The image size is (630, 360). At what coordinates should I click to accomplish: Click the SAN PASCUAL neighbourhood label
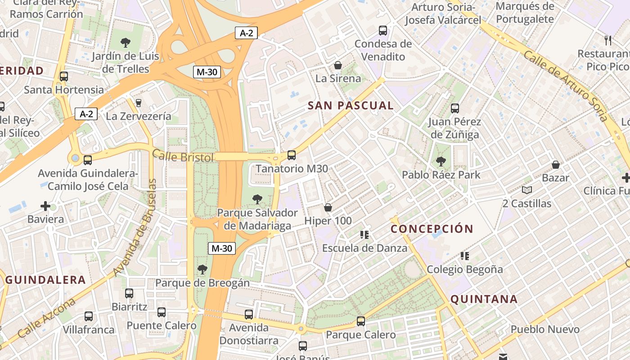(x=351, y=106)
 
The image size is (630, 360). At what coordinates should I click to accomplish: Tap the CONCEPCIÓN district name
(x=432, y=229)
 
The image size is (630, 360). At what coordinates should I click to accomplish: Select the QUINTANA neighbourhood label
(x=484, y=299)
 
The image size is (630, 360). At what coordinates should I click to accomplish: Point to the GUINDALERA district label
(x=45, y=280)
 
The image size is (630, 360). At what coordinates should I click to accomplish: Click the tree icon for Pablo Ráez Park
(x=441, y=162)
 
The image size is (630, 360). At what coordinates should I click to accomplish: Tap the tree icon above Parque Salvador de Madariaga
(x=257, y=199)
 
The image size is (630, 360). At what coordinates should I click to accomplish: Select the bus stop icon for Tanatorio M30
(x=292, y=155)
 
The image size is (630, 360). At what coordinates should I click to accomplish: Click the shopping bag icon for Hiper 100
(x=328, y=207)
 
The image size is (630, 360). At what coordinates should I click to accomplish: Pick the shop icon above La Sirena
(x=338, y=65)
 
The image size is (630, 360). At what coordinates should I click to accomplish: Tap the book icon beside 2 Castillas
(x=526, y=190)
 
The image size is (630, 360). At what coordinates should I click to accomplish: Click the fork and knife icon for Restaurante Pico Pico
(x=608, y=40)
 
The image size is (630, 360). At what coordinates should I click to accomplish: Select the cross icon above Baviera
(x=45, y=206)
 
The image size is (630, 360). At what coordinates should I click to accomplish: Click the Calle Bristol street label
(x=183, y=157)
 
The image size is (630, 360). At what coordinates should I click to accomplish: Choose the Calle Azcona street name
(x=47, y=318)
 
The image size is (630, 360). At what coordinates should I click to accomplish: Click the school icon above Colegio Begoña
(x=465, y=256)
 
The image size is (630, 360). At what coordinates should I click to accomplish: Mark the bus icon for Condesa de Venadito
(x=383, y=31)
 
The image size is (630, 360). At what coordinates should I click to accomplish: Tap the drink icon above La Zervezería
(x=139, y=103)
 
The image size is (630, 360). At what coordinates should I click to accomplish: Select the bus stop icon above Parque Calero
(x=360, y=321)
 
